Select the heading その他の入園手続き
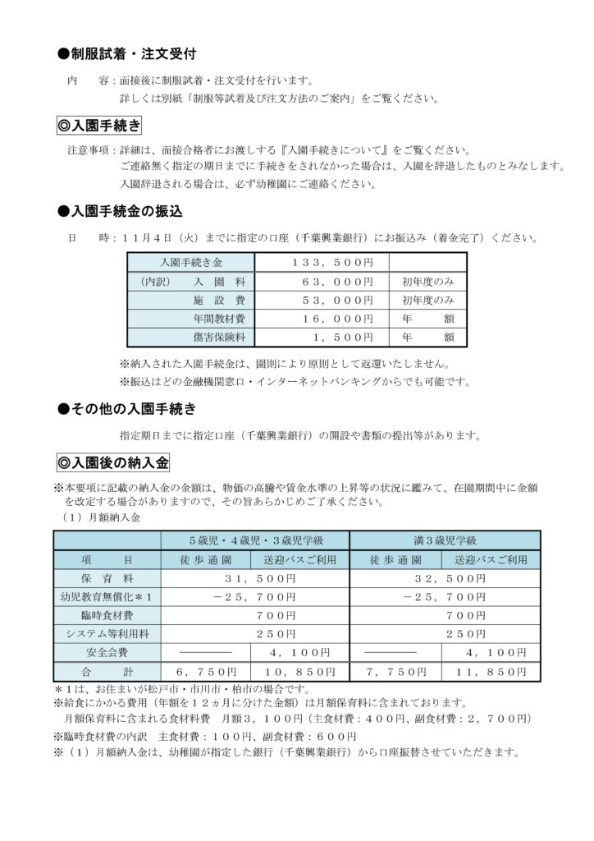click(x=132, y=408)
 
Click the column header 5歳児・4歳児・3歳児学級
click(x=256, y=540)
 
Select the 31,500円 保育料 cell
click(x=256, y=578)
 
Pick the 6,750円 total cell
click(x=209, y=671)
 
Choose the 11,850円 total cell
click(x=491, y=671)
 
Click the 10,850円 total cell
click(x=303, y=671)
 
